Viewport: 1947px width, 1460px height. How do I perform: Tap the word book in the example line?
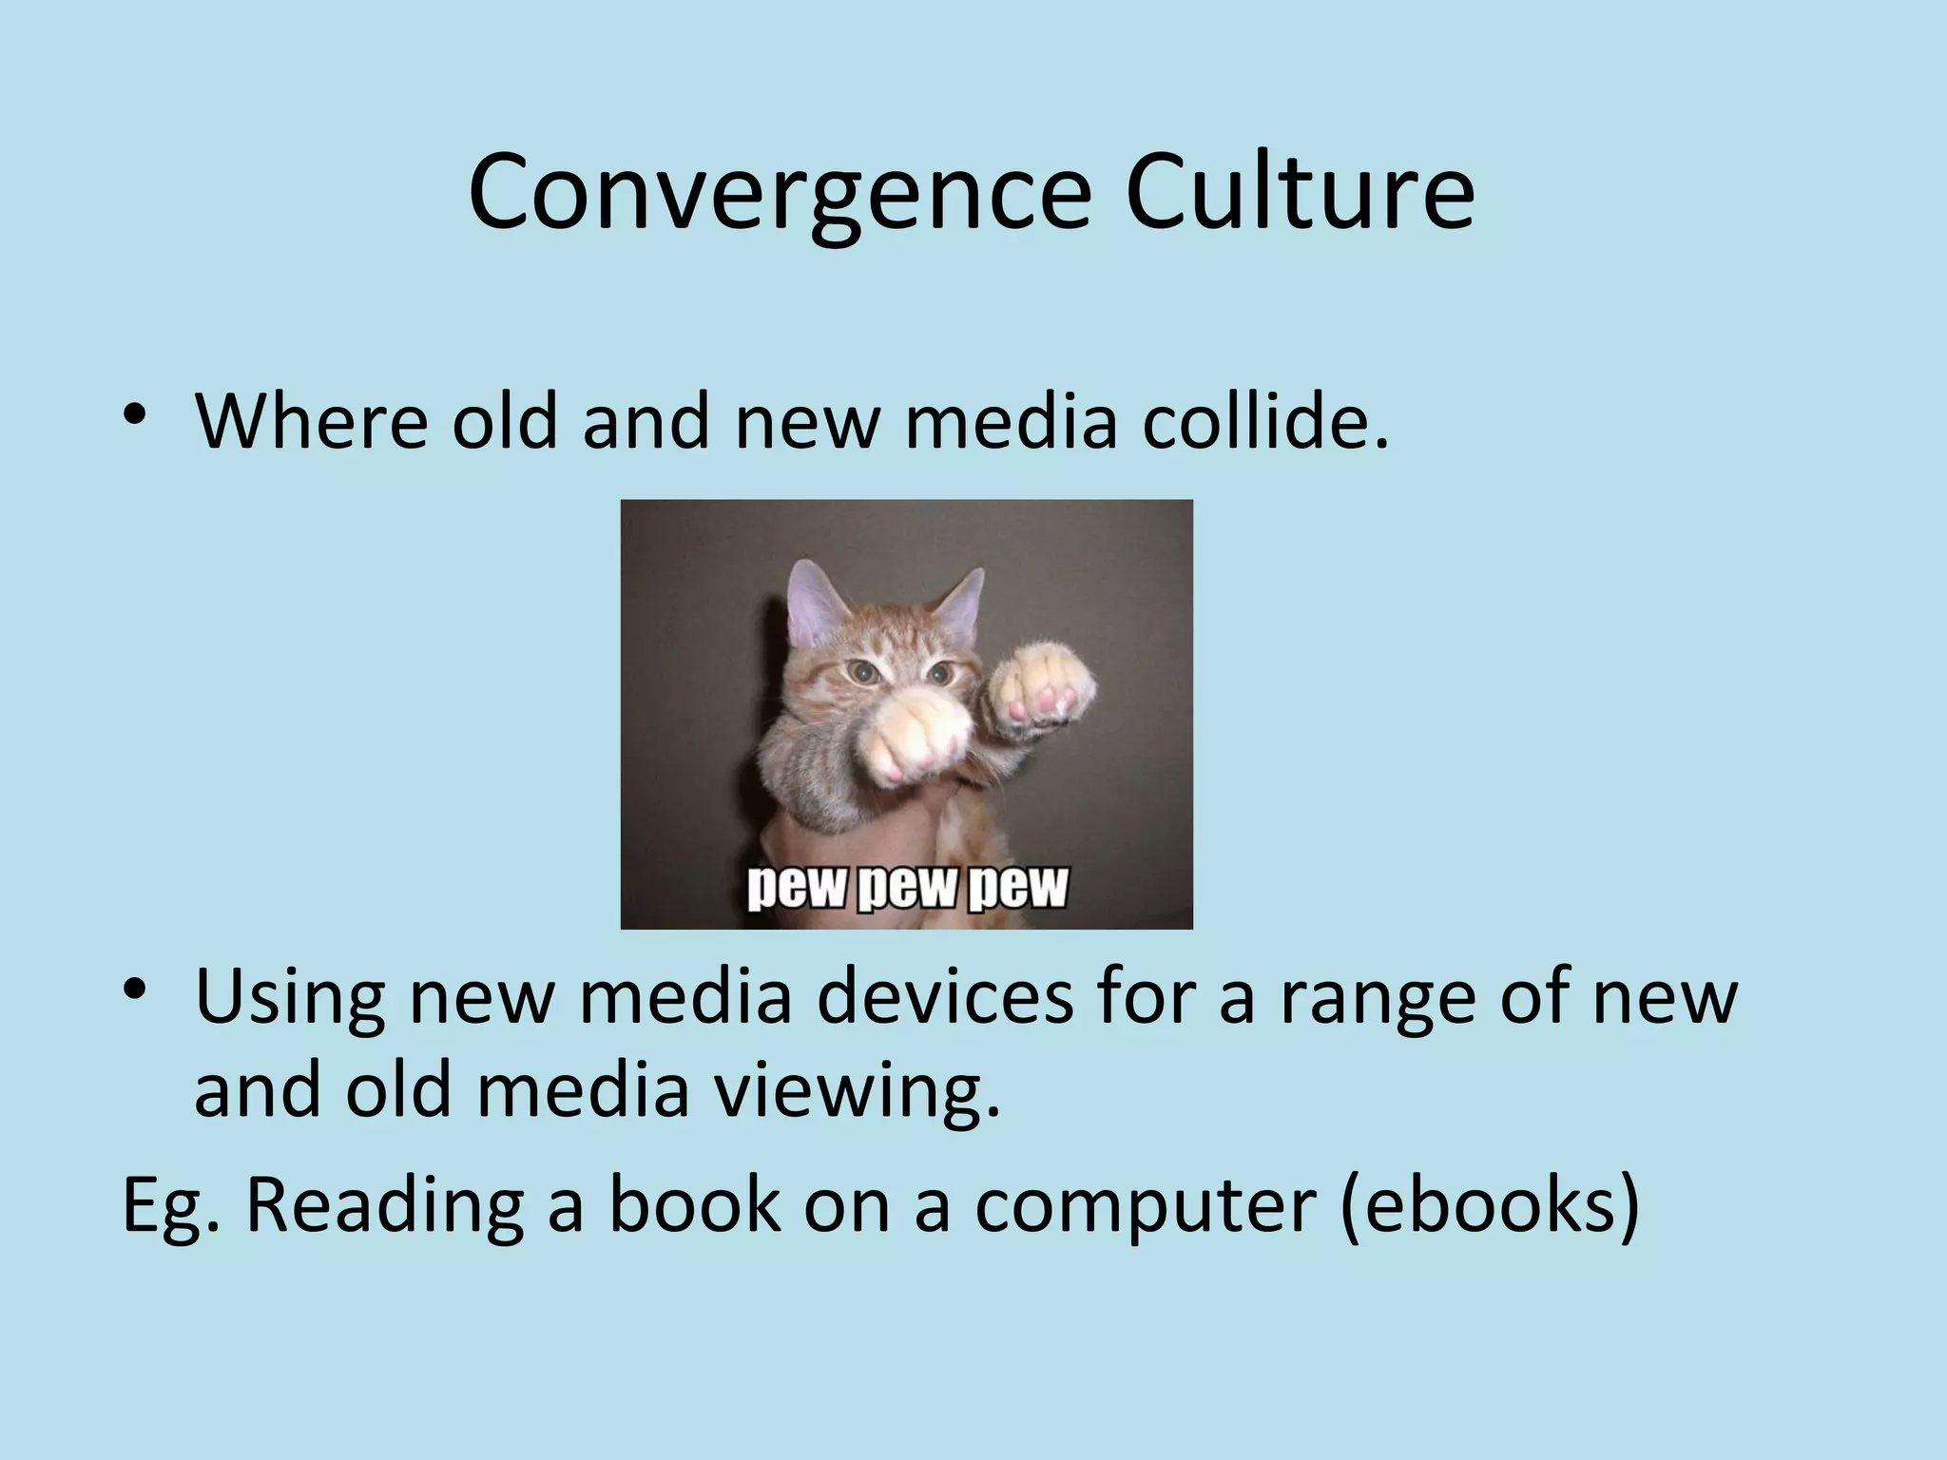coord(692,1205)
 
